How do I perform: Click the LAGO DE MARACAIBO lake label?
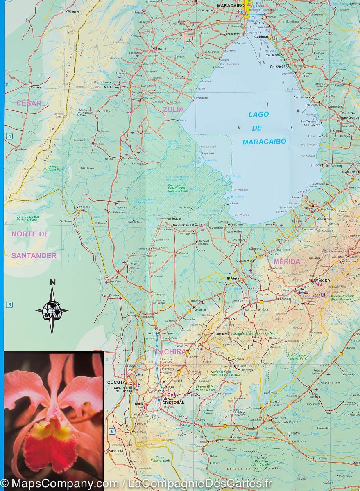pyautogui.click(x=264, y=128)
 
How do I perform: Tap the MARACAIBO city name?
pyautogui.click(x=231, y=5)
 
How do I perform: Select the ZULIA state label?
pyautogui.click(x=173, y=109)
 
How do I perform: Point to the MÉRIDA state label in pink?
pyautogui.click(x=287, y=261)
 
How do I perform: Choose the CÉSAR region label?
pyautogui.click(x=29, y=103)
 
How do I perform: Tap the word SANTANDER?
pyautogui.click(x=34, y=255)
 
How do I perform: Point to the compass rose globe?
pyautogui.click(x=52, y=310)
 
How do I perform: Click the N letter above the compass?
pyautogui.click(x=52, y=282)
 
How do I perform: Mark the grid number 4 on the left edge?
pyautogui.click(x=9, y=136)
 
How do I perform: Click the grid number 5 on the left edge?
pyautogui.click(x=9, y=304)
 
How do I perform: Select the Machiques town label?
pyautogui.click(x=111, y=87)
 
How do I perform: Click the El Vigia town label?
pyautogui.click(x=233, y=278)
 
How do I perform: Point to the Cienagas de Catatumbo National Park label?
pyautogui.click(x=177, y=188)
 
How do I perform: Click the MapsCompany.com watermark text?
pyautogui.click(x=61, y=484)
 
